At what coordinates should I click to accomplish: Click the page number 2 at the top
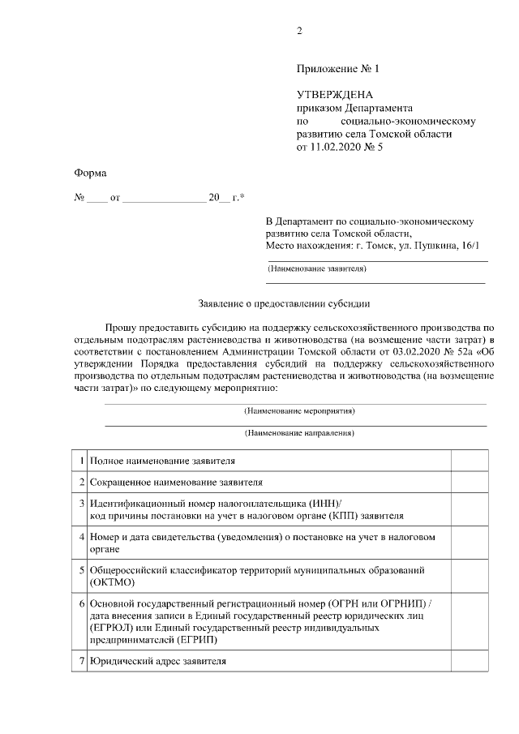click(x=299, y=32)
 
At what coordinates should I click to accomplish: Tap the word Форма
click(x=90, y=173)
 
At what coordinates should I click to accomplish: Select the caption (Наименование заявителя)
click(x=318, y=268)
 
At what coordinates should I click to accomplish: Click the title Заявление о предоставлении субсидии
click(x=283, y=304)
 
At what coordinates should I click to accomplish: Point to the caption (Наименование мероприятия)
click(x=299, y=411)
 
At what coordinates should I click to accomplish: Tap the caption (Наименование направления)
click(x=299, y=433)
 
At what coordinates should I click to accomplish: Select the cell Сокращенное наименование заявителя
click(x=177, y=483)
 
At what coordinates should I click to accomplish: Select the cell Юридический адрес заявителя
click(x=158, y=662)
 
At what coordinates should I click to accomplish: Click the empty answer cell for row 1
click(x=468, y=461)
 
